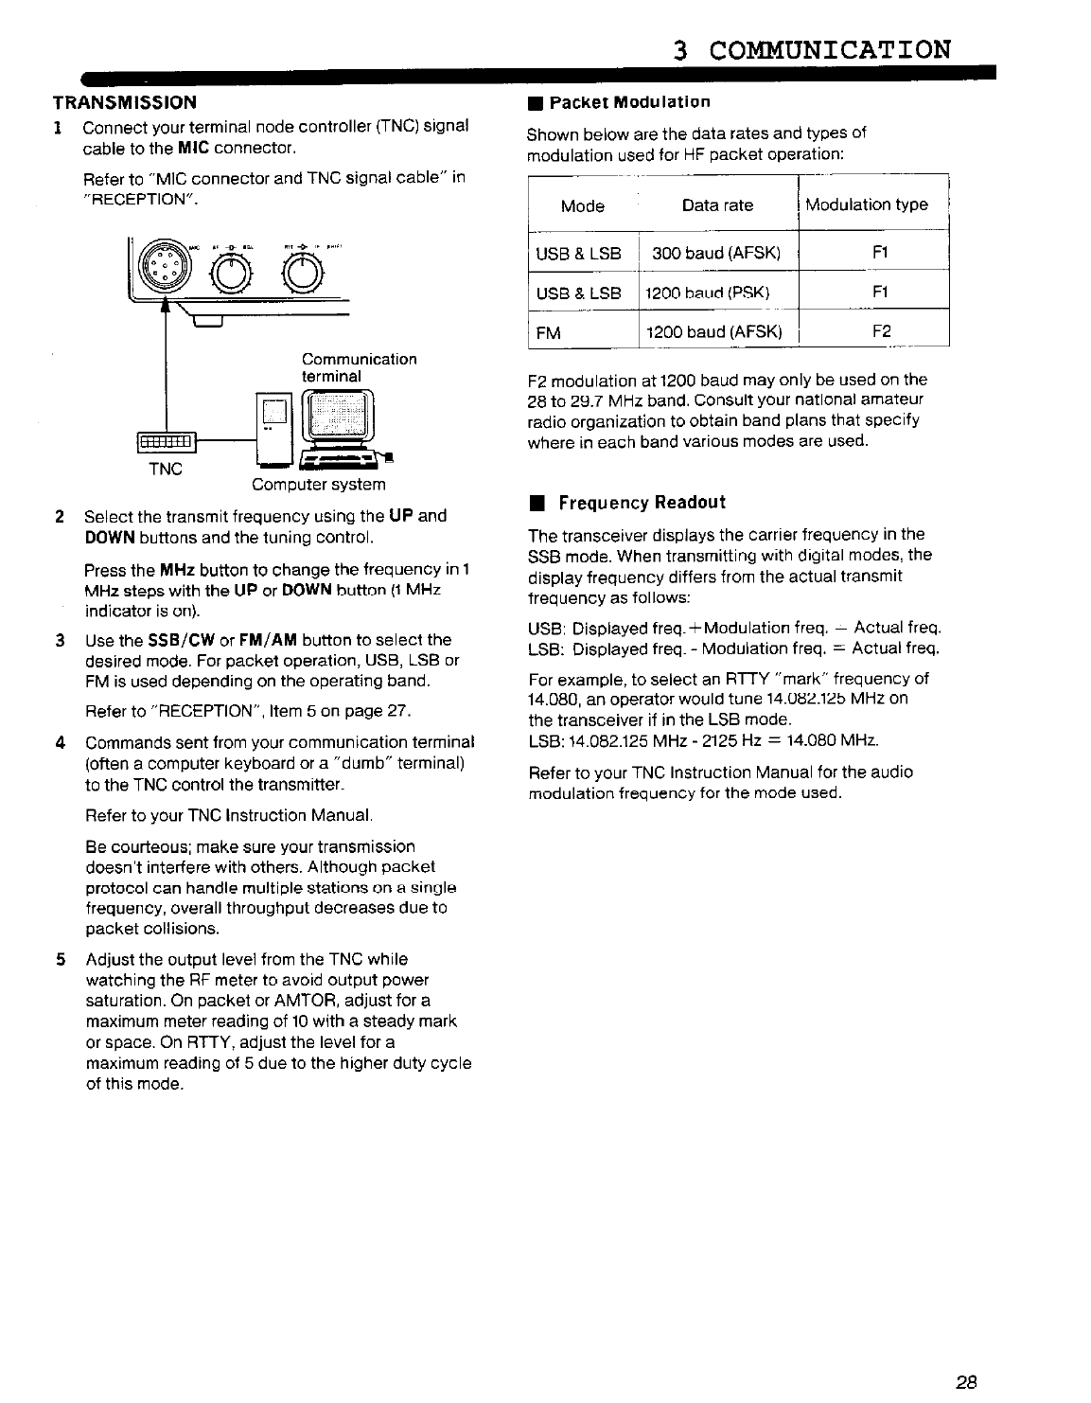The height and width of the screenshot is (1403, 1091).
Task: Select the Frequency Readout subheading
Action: pyautogui.click(x=642, y=503)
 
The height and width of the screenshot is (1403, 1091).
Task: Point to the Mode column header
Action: pyautogui.click(x=582, y=205)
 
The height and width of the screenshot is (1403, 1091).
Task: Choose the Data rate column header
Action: pyautogui.click(x=717, y=205)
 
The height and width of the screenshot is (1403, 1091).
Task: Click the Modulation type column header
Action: pyautogui.click(x=867, y=204)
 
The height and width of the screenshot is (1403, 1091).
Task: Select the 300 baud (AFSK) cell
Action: pyautogui.click(x=716, y=254)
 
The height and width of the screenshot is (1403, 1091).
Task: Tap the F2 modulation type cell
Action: pyautogui.click(x=880, y=332)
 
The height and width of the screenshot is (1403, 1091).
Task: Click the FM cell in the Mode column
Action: pyautogui.click(x=549, y=333)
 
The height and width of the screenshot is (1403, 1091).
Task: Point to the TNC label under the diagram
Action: pyautogui.click(x=166, y=470)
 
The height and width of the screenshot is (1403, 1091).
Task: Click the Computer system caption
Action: pyautogui.click(x=319, y=485)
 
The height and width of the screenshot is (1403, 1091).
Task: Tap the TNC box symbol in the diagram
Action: pyautogui.click(x=167, y=441)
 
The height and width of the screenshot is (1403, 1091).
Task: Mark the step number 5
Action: pyautogui.click(x=59, y=960)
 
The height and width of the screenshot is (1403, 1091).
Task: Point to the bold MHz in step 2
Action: pyautogui.click(x=177, y=570)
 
